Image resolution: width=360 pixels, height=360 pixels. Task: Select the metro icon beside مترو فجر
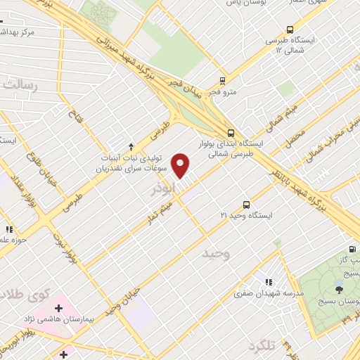(222, 81)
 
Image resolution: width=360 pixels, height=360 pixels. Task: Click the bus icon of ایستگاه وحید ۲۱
(246, 203)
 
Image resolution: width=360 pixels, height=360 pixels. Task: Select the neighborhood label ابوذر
(162, 191)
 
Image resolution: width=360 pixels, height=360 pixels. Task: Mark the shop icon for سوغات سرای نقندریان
(103, 168)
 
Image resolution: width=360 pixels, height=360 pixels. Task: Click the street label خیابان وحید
(124, 300)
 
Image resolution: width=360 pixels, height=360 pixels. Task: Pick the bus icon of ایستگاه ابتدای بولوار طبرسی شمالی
(231, 132)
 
